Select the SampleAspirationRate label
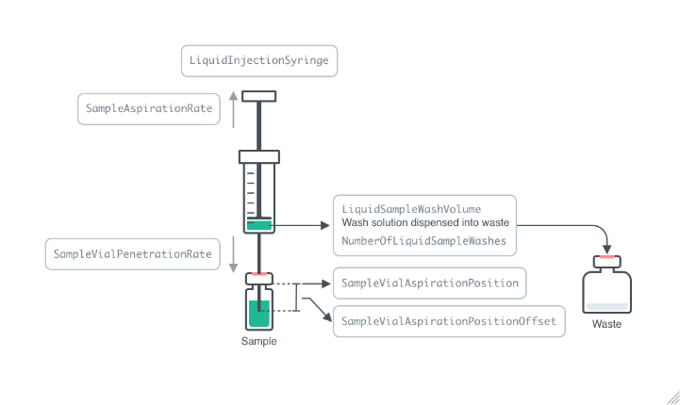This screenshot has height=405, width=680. tap(146, 109)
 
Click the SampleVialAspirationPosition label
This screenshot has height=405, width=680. tap(430, 283)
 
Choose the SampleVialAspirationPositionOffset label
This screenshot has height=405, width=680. tap(449, 321)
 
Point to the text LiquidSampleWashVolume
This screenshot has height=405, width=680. tap(411, 208)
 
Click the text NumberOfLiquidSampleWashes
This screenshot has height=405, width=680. tap(423, 241)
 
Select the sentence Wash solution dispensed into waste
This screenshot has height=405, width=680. tap(425, 223)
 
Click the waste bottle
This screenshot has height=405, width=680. tap(606, 288)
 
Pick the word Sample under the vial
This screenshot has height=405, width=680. tap(258, 341)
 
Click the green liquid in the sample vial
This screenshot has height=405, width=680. tap(258, 314)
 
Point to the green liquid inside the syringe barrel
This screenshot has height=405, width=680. tap(258, 225)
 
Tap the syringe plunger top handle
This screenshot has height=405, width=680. tap(258, 96)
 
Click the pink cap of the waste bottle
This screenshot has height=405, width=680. tap(606, 257)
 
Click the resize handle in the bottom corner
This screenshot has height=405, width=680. tap(669, 396)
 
